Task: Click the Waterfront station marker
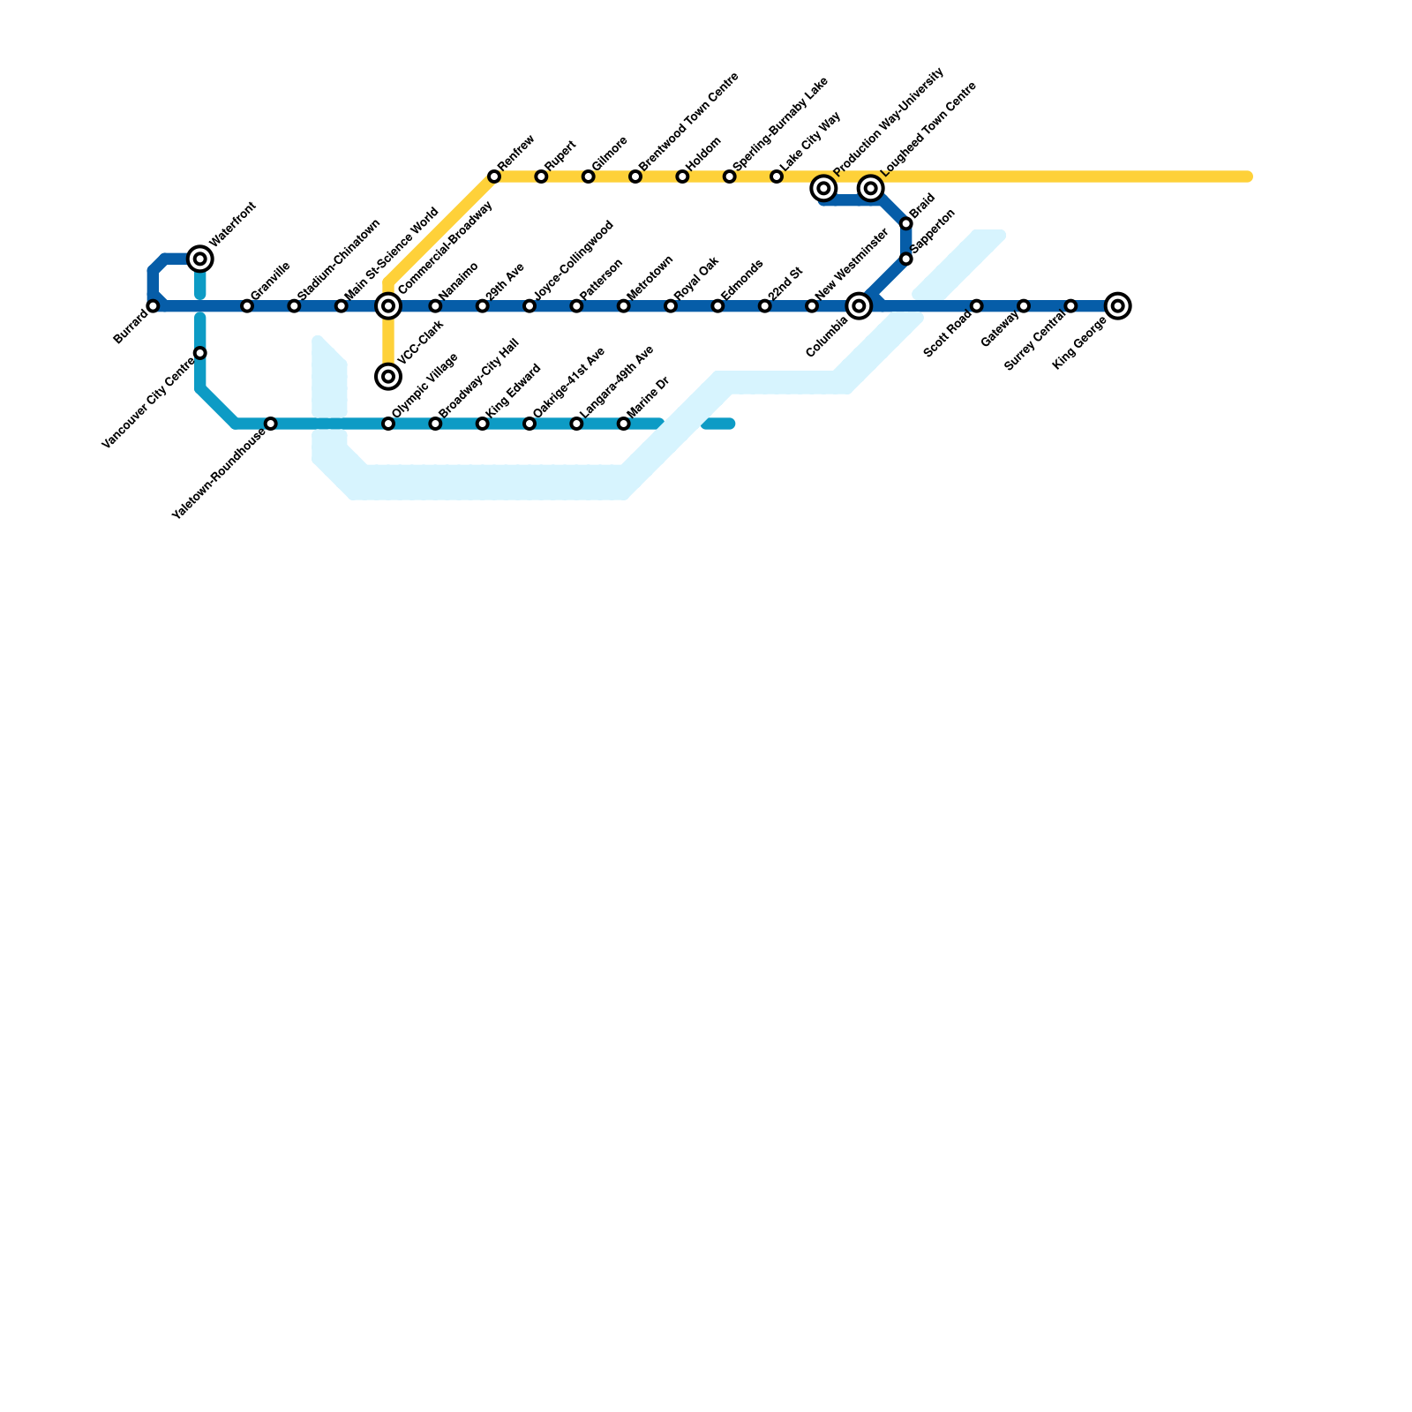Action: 200,259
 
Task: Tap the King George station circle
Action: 1117,306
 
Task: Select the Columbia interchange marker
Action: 859,306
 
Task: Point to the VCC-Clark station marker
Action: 388,377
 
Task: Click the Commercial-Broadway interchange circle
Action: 388,306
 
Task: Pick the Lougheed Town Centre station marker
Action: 871,188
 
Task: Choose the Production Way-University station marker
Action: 823,188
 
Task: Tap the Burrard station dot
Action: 154,306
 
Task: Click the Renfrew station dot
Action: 494,177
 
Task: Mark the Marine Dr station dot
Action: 624,424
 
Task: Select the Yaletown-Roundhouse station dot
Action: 271,424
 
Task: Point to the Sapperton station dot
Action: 906,259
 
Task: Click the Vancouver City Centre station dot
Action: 200,354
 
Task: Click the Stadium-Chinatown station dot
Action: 294,306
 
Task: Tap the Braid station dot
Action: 906,224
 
